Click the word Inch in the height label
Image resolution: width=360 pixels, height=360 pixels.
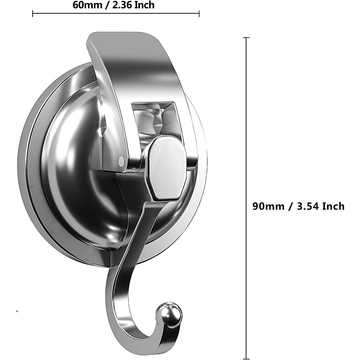click(x=333, y=206)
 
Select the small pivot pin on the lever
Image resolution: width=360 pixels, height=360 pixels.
click(x=121, y=161)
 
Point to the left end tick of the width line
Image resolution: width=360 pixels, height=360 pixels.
click(x=33, y=13)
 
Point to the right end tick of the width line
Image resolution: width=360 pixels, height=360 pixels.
click(x=199, y=13)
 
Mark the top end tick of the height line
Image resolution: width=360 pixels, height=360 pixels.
click(x=246, y=38)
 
